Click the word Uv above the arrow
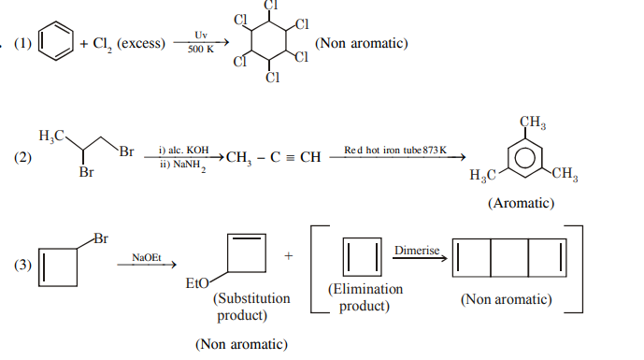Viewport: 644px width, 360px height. point(201,36)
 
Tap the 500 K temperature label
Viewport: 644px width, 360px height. point(201,50)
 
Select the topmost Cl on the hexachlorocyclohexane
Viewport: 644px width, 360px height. point(271,6)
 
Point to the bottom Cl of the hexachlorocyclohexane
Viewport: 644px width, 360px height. point(272,78)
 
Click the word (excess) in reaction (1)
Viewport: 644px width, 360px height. point(141,43)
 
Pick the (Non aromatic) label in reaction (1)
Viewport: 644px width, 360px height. point(362,43)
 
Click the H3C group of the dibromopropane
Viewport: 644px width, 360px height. point(51,136)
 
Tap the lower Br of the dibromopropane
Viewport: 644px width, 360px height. point(86,172)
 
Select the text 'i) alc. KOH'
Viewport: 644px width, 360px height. point(183,150)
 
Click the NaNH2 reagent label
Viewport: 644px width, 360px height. point(189,166)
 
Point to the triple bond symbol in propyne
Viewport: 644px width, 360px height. point(290,157)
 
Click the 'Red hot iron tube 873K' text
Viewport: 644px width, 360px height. point(395,150)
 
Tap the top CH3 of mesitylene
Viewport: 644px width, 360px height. point(533,122)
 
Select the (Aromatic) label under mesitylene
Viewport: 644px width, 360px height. point(522,203)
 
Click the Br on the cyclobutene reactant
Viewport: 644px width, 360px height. point(101,238)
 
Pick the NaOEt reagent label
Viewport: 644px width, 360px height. point(147,258)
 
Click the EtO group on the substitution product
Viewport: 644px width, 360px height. point(197,283)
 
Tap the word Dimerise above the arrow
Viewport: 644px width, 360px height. point(417,251)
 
